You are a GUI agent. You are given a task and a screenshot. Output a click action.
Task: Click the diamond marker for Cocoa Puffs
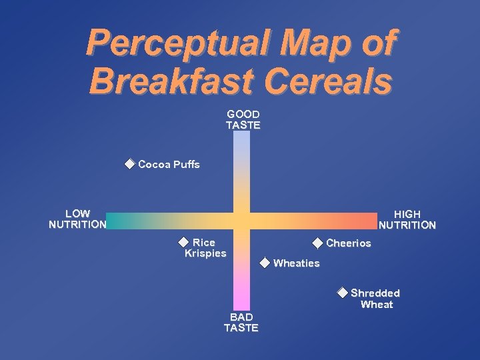[129, 164]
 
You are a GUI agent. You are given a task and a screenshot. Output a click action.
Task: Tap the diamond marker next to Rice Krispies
[183, 242]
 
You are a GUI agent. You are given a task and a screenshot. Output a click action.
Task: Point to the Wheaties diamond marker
[265, 263]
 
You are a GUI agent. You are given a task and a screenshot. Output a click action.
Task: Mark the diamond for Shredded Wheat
[342, 292]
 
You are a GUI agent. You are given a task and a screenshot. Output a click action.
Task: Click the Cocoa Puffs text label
[169, 164]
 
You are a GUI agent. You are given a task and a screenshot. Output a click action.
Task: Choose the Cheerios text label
[348, 243]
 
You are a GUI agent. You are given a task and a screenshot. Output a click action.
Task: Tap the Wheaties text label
[296, 263]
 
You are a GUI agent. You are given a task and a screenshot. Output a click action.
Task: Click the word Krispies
[205, 253]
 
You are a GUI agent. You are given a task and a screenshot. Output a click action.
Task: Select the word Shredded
[375, 293]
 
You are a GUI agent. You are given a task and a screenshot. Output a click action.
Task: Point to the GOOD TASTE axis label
[243, 120]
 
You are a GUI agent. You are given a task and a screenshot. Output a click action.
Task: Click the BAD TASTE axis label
[241, 323]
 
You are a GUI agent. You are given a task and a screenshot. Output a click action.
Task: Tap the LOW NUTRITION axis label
[77, 219]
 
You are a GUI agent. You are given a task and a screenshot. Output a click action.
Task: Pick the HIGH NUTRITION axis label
[407, 219]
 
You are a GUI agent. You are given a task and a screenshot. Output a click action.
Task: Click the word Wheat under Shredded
[377, 305]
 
